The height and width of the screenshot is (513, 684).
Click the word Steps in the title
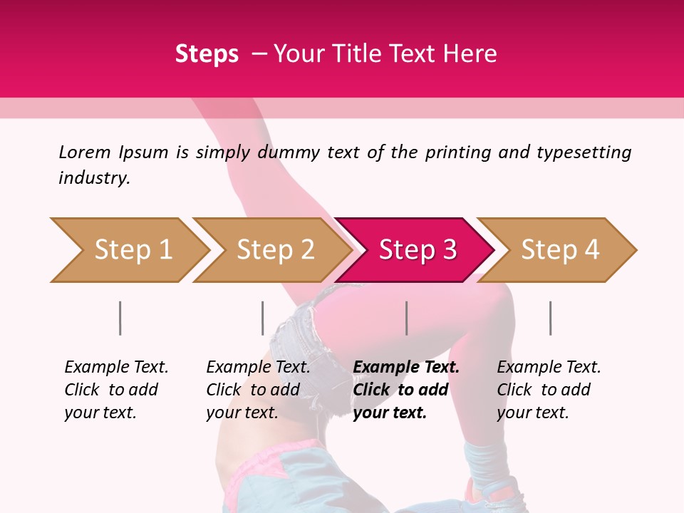point(207,54)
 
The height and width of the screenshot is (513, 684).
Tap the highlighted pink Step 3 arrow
point(418,250)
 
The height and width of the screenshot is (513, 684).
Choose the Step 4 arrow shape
point(560,250)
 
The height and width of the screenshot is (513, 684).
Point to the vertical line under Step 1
point(120,318)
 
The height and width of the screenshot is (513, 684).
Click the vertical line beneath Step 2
point(263,318)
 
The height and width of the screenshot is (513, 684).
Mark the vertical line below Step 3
point(407,318)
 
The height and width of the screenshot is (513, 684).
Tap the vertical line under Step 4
point(551,318)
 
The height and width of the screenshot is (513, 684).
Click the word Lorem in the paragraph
point(85,152)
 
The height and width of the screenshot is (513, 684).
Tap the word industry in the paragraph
point(94,178)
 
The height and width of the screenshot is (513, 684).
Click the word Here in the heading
point(470,54)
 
